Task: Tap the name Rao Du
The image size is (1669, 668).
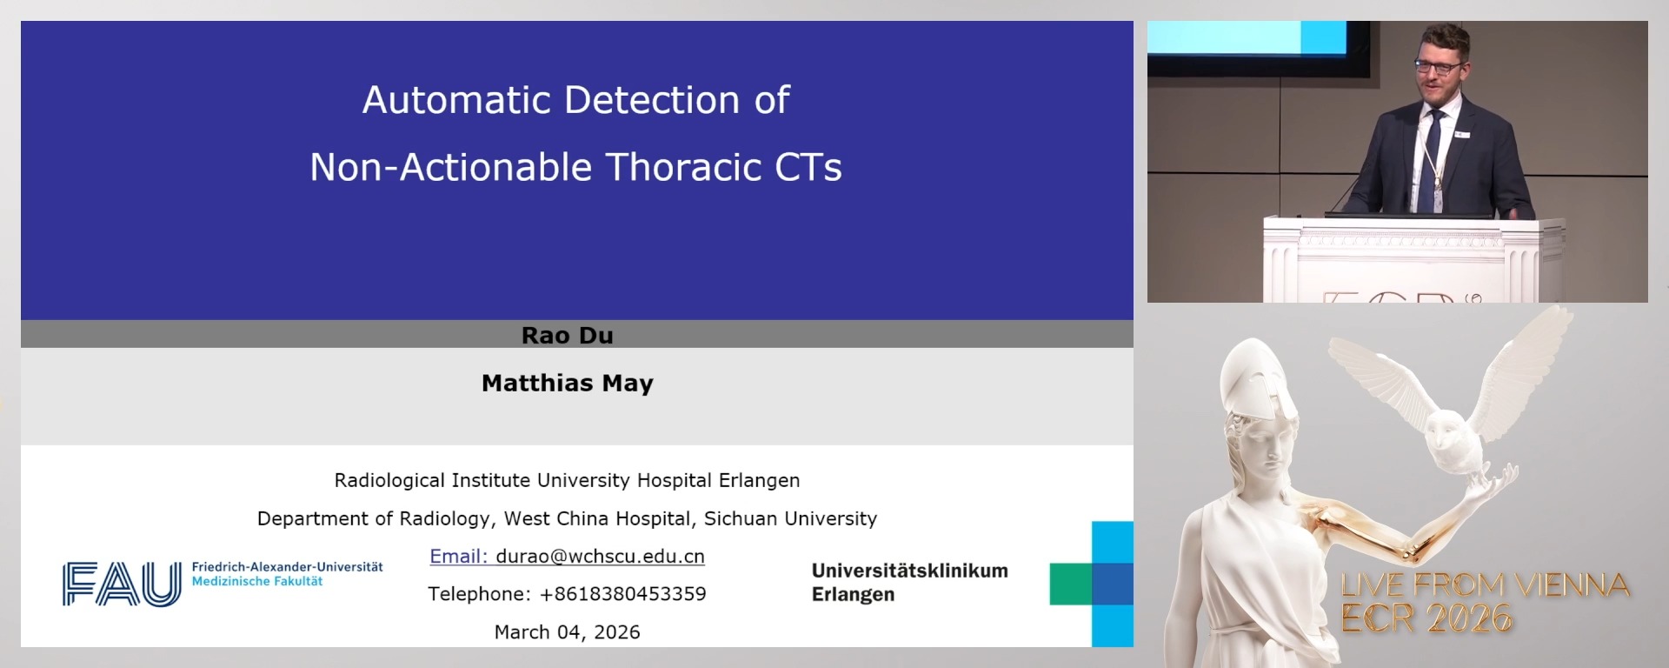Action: [x=567, y=335]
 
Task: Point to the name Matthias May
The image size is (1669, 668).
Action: [x=567, y=383]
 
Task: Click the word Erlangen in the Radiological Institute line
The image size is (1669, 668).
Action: [x=759, y=480]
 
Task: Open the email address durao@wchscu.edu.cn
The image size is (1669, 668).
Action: [x=600, y=557]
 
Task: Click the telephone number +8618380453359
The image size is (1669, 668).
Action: [x=622, y=594]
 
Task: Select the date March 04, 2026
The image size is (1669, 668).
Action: [x=567, y=632]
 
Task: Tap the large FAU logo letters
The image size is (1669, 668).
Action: [x=122, y=584]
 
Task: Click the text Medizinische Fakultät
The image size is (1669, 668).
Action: [x=256, y=581]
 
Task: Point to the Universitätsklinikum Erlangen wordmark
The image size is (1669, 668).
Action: [x=909, y=582]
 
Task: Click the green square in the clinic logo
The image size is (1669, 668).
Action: [x=1070, y=584]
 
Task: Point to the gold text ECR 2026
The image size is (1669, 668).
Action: [x=1426, y=618]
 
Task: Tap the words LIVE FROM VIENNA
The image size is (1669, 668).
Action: [x=1485, y=585]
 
